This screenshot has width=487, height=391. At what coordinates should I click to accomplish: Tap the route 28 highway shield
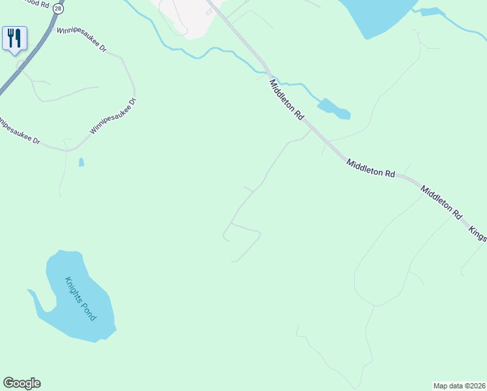click(x=59, y=8)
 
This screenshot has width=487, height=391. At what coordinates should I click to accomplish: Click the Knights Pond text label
click(x=80, y=298)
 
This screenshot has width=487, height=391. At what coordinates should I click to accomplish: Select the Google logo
click(x=21, y=383)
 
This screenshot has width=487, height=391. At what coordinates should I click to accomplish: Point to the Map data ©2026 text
click(x=460, y=385)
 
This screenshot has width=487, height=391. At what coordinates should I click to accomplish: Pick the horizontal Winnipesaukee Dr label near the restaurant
click(x=81, y=40)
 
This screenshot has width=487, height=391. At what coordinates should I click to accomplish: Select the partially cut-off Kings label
click(x=478, y=234)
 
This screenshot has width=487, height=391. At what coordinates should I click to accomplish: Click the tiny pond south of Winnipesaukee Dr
click(x=81, y=162)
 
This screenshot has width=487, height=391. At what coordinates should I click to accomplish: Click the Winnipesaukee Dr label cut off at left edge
click(x=20, y=131)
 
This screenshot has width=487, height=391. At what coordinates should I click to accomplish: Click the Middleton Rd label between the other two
click(x=371, y=169)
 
